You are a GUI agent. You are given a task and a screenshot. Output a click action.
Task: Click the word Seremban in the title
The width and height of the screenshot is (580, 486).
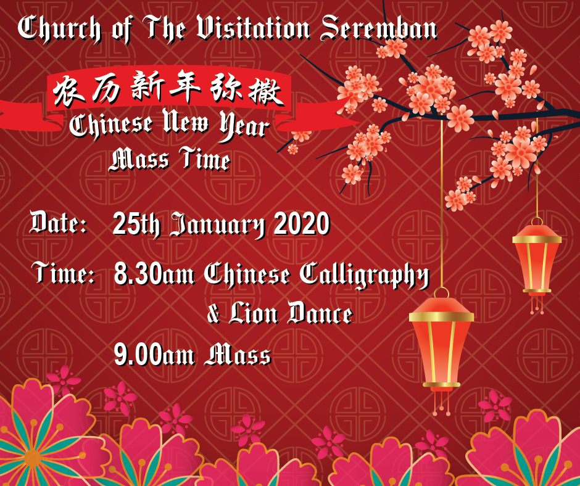point(379,28)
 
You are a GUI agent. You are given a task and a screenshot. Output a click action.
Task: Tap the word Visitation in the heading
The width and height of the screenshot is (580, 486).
point(253,28)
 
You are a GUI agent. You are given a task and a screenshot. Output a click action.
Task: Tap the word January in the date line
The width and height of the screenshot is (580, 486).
point(217,225)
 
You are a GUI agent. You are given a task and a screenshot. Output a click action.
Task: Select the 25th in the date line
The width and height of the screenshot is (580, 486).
point(136,224)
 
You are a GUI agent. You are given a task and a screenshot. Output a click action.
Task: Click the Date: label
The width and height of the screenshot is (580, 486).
point(59,223)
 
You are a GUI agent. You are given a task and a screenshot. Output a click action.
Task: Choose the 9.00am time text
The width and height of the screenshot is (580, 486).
point(154,355)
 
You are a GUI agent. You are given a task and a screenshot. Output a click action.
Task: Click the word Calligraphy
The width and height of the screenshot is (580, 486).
point(364,276)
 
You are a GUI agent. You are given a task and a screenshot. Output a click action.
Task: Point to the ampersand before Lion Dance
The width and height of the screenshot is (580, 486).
point(213,314)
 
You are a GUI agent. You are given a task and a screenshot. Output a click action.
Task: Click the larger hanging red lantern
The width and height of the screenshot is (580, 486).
point(441,344)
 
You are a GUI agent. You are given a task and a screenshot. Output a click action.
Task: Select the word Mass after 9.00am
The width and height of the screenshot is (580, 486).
point(238,355)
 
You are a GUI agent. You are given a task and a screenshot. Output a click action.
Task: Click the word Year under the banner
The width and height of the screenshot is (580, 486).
point(244,126)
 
